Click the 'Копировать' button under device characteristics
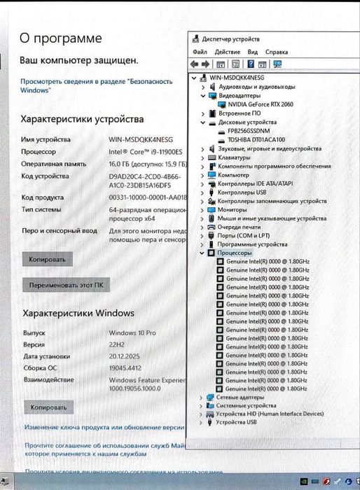[48, 259]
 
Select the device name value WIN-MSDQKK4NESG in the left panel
[141, 140]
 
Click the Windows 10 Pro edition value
[132, 333]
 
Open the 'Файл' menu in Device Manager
[200, 52]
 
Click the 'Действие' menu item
[228, 52]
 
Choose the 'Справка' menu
[277, 52]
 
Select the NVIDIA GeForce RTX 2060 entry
[260, 104]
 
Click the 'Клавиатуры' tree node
[235, 157]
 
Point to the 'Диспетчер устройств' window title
[231, 39]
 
